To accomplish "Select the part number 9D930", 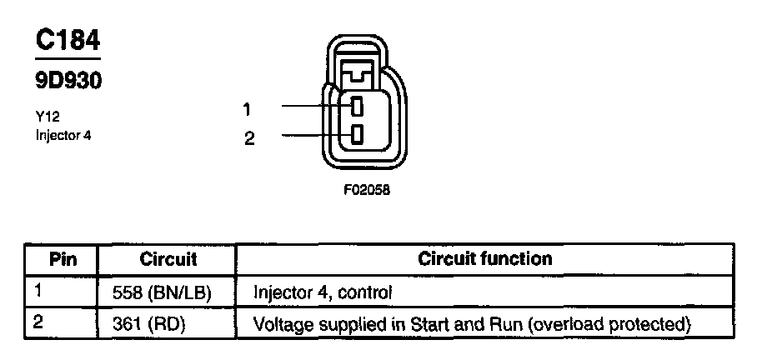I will (x=68, y=81).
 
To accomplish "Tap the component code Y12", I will (x=47, y=118).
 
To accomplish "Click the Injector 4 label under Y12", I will (x=63, y=135).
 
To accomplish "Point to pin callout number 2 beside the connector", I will (x=248, y=138).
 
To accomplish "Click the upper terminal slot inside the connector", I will (x=356, y=107).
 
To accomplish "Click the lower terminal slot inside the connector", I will (x=356, y=134).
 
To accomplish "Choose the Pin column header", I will (x=63, y=258).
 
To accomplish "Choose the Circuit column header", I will (x=168, y=258).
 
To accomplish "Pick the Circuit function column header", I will (x=484, y=258).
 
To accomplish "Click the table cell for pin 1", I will (x=63, y=292).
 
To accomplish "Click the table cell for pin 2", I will (x=63, y=323).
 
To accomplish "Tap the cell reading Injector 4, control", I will (x=322, y=293).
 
